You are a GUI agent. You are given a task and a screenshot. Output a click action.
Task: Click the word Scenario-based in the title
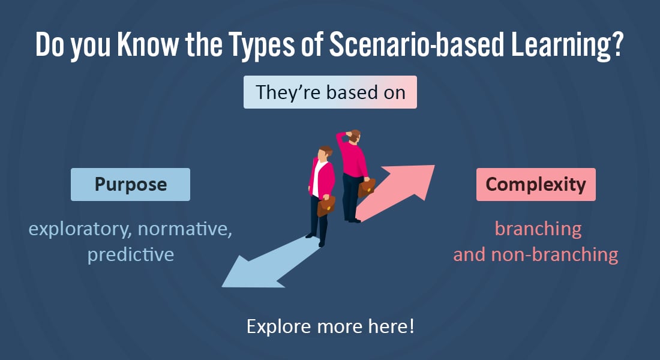pos(416,44)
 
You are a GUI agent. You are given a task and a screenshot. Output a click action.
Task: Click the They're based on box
pos(330,92)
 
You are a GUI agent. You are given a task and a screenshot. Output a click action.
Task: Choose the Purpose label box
pos(130,184)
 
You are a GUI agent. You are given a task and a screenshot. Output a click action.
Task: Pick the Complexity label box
pos(536,184)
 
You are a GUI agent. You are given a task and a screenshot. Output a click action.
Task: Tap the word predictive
pos(130,255)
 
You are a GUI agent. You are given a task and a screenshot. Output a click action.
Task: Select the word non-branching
pos(555,255)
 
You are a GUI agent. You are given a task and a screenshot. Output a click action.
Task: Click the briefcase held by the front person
pos(326,206)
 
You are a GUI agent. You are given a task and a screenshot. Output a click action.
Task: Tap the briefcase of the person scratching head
pos(367,188)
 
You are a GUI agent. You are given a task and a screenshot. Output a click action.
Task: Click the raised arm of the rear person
pos(342,139)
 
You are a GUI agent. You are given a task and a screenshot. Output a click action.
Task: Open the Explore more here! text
pos(331,326)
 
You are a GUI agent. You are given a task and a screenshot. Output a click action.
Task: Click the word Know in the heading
pos(148,44)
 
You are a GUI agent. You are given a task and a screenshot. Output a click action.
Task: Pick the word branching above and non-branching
pos(538,230)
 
